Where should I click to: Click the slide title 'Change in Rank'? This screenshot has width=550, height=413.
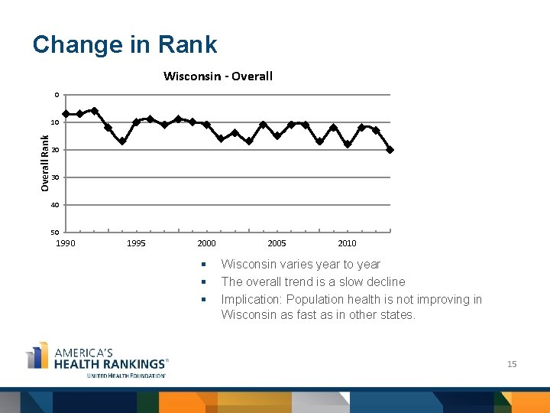click(125, 44)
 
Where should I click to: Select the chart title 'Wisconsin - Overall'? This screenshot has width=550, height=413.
click(218, 76)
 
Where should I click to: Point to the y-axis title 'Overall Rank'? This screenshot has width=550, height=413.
click(45, 163)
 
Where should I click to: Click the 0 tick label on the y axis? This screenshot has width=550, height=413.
click(56, 95)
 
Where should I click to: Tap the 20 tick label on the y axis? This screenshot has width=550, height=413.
click(55, 150)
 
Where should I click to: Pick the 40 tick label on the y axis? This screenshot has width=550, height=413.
click(55, 205)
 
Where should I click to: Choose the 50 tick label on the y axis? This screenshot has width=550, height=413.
click(55, 233)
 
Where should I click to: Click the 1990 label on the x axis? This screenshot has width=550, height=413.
click(66, 243)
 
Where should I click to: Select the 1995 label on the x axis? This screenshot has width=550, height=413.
click(136, 243)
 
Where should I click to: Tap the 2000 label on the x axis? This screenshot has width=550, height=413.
click(206, 243)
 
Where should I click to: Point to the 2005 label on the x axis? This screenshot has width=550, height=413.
click(277, 243)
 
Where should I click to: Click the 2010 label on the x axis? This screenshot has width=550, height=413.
click(347, 243)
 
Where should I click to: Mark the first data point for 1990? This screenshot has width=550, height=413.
click(66, 114)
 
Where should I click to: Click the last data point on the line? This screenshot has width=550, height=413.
click(390, 150)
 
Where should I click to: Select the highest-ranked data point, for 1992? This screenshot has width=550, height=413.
click(94, 111)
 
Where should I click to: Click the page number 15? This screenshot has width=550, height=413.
click(512, 364)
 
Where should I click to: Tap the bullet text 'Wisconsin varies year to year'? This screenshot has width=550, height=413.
click(300, 264)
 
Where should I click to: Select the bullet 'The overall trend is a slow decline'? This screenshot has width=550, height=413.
click(312, 281)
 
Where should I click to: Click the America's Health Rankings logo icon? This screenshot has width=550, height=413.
click(37, 356)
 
